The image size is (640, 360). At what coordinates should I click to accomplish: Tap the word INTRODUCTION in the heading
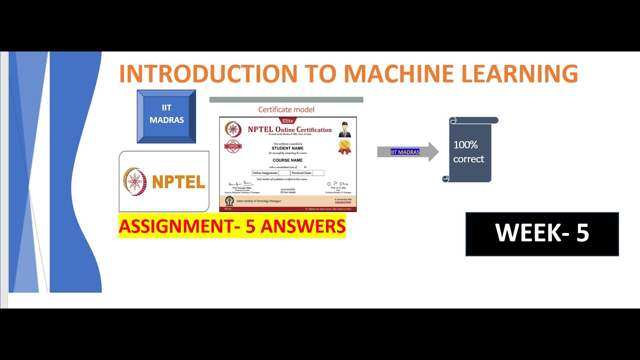(208, 73)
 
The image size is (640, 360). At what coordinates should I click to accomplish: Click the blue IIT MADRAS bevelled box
(166, 116)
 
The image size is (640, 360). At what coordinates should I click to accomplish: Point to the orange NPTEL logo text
(178, 182)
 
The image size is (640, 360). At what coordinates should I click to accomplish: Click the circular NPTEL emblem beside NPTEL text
(135, 181)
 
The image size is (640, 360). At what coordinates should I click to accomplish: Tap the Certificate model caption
(286, 109)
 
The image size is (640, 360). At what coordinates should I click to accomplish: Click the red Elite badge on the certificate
(288, 120)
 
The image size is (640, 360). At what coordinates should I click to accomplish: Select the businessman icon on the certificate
(344, 129)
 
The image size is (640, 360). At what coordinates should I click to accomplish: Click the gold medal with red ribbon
(344, 146)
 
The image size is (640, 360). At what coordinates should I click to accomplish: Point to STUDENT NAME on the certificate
(287, 148)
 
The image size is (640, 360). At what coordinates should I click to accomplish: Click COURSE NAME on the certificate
(287, 160)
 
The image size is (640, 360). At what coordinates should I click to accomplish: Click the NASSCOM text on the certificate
(342, 202)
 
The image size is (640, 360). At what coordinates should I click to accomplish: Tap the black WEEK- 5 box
(542, 234)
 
